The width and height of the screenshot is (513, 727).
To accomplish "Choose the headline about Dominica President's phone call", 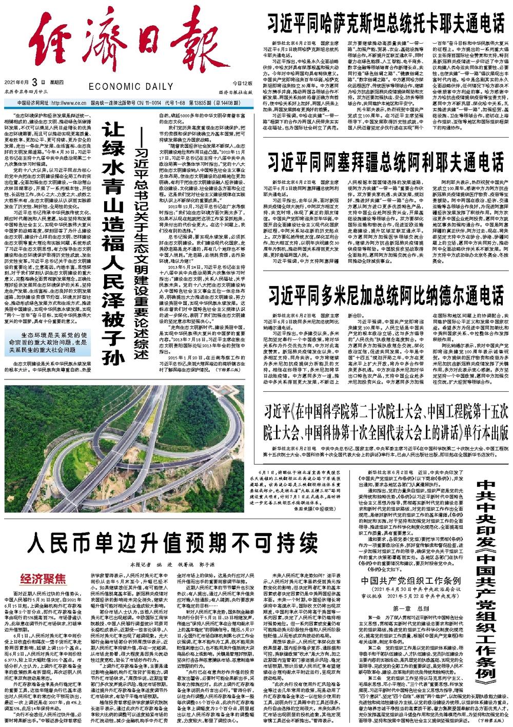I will coord(385,296).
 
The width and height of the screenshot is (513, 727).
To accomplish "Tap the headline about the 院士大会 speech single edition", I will coord(385,422).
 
